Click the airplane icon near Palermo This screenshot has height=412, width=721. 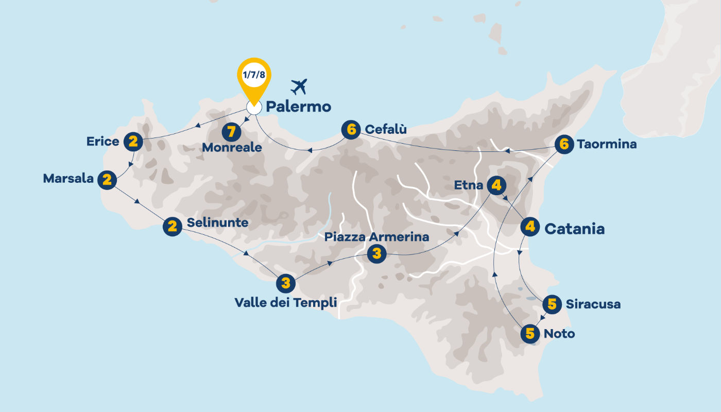(298, 87)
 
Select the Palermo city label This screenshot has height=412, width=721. (298, 107)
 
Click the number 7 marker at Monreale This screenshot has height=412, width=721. (232, 132)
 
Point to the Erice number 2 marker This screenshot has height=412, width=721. (133, 142)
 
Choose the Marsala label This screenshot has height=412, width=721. (68, 179)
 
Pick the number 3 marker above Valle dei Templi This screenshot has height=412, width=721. (286, 283)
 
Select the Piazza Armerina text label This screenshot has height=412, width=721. (376, 237)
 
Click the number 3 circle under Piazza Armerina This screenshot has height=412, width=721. (377, 253)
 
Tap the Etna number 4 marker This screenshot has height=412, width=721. (496, 185)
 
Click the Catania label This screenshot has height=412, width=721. (574, 229)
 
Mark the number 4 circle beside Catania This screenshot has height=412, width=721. (530, 227)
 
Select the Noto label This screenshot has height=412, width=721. (559, 334)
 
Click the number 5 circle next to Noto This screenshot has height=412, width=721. (530, 334)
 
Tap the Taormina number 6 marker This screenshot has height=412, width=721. (564, 145)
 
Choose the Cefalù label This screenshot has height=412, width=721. (386, 129)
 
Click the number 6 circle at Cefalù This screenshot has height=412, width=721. (351, 130)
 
